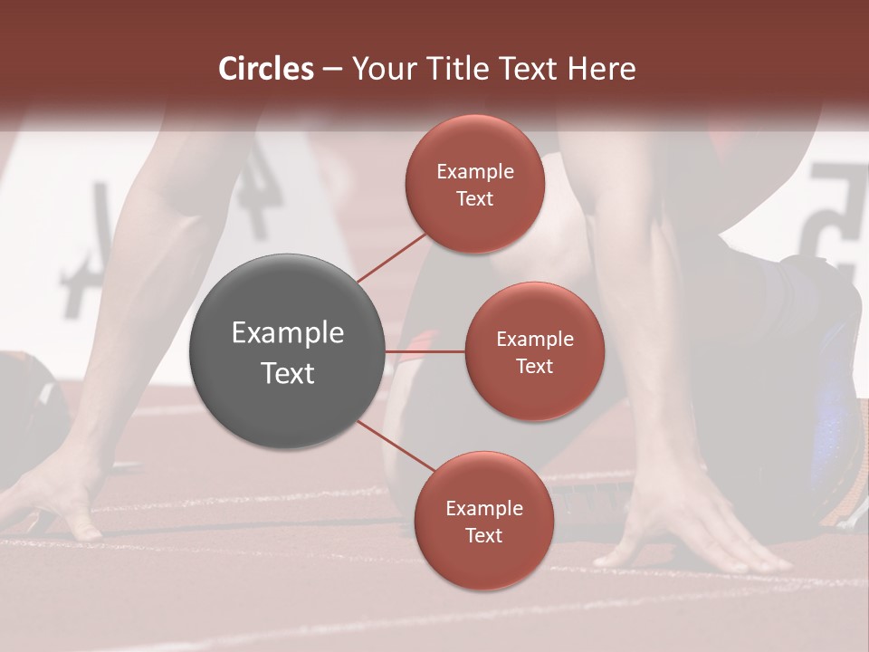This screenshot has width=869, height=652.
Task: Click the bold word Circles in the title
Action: point(266,69)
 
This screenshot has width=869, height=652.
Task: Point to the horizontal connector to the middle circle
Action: point(425,351)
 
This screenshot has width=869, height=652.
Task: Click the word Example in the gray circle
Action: point(288,333)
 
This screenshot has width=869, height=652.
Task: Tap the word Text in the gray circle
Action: point(288,373)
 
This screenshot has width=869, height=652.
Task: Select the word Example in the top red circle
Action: point(475,172)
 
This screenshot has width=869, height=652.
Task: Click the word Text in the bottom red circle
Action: point(483,535)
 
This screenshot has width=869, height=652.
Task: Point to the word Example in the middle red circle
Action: point(535,340)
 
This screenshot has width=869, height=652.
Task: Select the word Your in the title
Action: point(378,69)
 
